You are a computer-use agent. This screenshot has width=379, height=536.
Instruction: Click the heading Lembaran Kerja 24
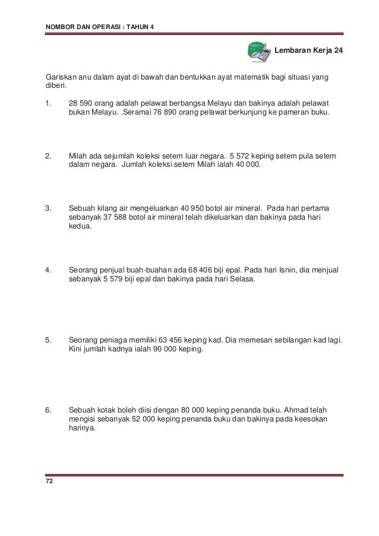coord(308,51)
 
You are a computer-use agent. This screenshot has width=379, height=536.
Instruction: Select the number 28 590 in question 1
coord(83,102)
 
